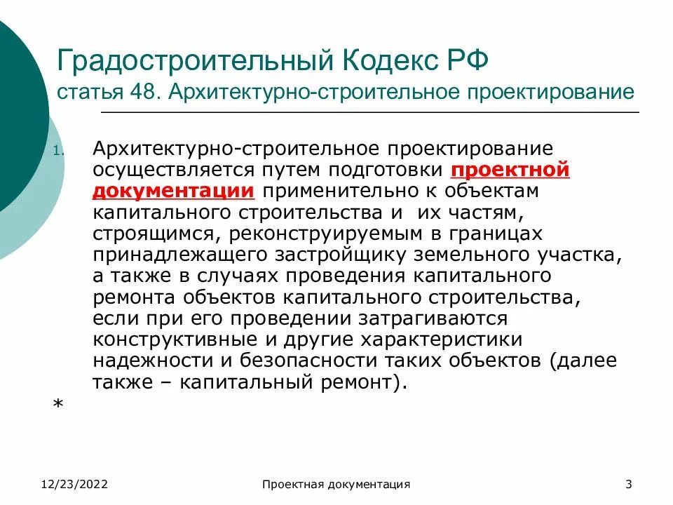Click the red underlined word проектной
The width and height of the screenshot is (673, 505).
[510, 170]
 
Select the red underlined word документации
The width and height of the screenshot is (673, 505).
[172, 191]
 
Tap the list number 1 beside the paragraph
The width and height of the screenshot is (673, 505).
[58, 151]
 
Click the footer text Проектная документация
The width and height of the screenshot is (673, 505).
[336, 484]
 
